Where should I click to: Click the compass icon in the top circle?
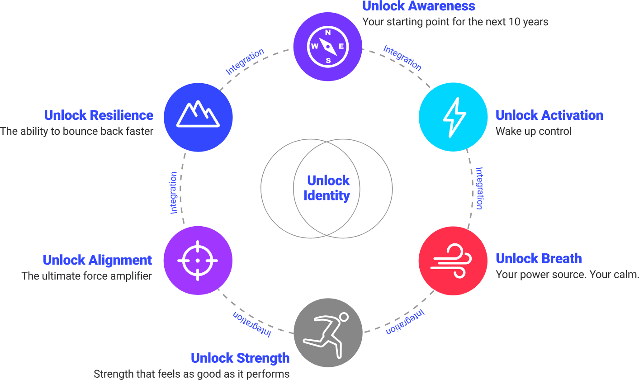tap(328, 46)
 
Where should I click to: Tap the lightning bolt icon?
tap(454, 117)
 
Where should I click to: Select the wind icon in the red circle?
tap(452, 261)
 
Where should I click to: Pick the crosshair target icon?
tap(198, 261)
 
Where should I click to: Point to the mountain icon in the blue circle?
tap(198, 114)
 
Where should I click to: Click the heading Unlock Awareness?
tap(418, 6)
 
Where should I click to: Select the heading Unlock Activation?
tap(549, 115)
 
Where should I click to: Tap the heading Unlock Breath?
tap(538, 259)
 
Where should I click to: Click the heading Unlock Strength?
tap(240, 358)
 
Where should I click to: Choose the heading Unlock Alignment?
tap(97, 260)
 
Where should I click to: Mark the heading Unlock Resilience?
tap(99, 115)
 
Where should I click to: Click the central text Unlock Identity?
tap(327, 188)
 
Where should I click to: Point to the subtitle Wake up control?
tap(533, 132)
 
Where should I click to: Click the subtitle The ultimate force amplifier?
tap(86, 276)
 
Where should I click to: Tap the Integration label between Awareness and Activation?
tap(402, 58)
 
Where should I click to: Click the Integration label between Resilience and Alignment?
tap(174, 193)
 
